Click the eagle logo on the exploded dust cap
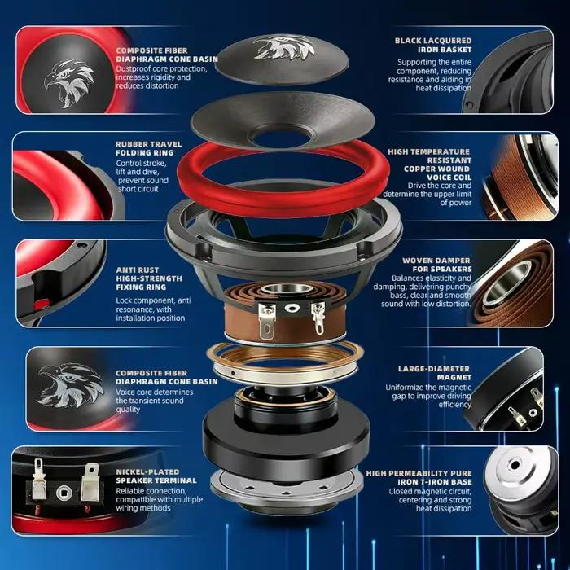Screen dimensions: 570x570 (284, 47)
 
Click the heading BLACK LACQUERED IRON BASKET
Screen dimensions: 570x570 (433, 45)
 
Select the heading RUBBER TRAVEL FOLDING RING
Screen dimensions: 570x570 (149, 148)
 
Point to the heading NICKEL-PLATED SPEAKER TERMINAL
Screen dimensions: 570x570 (156, 476)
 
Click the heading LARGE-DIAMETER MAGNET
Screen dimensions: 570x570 (435, 373)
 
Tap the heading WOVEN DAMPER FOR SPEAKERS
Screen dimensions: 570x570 (437, 265)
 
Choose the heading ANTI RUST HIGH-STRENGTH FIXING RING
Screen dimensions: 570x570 (149, 278)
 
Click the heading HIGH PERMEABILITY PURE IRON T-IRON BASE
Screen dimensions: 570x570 (419, 477)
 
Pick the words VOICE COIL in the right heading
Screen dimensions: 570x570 (449, 178)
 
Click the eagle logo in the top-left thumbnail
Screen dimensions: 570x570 (68, 83)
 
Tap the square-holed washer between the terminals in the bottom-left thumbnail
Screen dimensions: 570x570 (64, 493)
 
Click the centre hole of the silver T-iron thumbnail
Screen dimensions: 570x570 (515, 465)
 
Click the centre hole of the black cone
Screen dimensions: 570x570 (282, 137)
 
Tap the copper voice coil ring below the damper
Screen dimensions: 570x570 (285, 361)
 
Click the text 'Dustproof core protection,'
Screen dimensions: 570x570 (161, 68)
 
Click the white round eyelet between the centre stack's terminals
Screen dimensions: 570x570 (292, 308)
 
